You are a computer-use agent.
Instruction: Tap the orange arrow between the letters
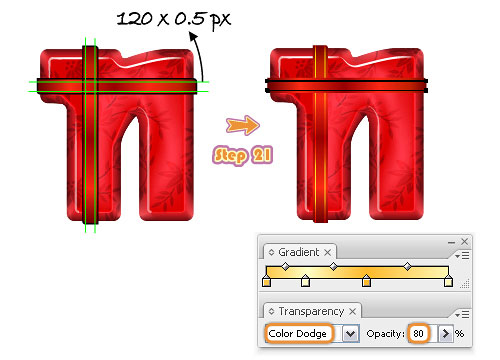point(243,125)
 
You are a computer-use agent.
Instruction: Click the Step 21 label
point(243,155)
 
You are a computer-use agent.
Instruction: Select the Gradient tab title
point(298,252)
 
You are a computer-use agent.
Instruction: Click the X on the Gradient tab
point(328,253)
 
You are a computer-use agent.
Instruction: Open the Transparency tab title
point(311,311)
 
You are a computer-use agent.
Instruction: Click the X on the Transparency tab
point(352,312)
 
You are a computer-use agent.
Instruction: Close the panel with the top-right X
point(464,242)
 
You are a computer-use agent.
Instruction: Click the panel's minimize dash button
point(452,242)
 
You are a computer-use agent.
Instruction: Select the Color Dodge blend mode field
point(299,333)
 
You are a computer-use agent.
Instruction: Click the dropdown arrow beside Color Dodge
point(350,334)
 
